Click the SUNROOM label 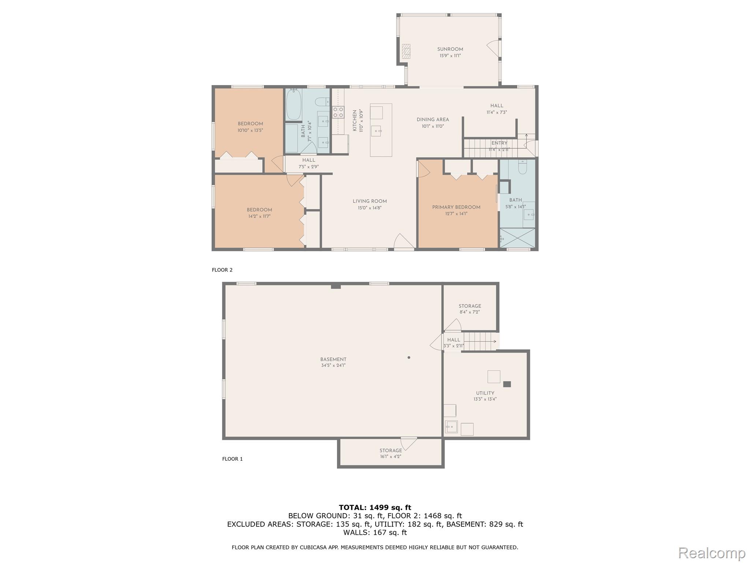(450, 49)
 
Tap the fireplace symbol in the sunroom (406, 51)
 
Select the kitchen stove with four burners (338, 112)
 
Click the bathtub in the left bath (293, 104)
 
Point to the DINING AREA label (432, 119)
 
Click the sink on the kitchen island (376, 131)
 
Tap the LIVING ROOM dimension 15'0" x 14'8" (370, 208)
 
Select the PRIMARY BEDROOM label (456, 207)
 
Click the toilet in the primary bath (522, 167)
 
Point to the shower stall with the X (517, 238)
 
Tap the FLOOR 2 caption (222, 270)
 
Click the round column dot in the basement (409, 357)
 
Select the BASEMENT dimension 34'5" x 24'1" (333, 365)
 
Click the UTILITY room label (485, 393)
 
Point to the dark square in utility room (507, 384)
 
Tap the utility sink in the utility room (451, 427)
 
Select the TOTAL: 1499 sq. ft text (375, 507)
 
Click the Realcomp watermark (712, 553)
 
